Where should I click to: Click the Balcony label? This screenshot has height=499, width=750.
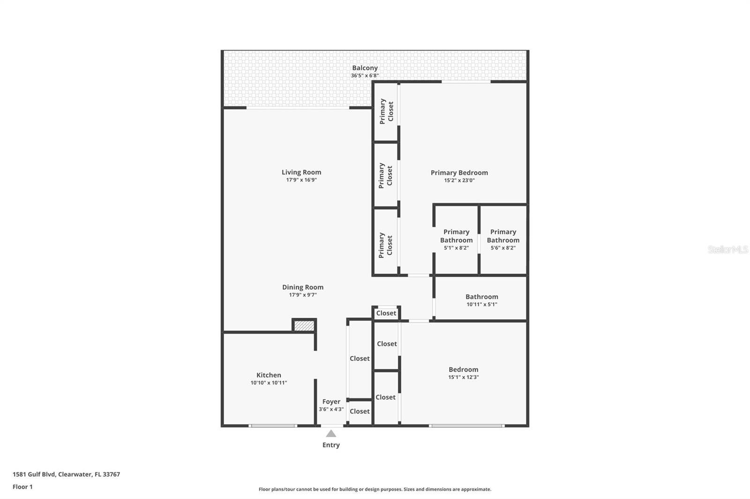click(x=365, y=68)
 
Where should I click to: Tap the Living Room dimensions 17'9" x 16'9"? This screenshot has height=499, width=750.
click(x=301, y=180)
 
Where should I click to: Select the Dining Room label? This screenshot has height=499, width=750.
click(x=302, y=287)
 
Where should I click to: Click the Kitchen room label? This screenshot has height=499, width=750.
click(x=269, y=375)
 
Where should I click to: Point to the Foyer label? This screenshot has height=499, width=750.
click(x=331, y=402)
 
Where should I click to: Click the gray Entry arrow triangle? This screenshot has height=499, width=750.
click(x=331, y=433)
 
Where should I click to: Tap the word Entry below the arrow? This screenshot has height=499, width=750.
click(x=331, y=445)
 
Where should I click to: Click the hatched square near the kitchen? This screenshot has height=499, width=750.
click(x=304, y=326)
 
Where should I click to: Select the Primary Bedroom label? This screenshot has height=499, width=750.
click(x=459, y=173)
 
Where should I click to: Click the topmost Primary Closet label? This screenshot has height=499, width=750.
click(x=386, y=111)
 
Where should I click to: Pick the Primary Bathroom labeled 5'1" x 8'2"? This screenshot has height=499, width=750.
click(x=456, y=239)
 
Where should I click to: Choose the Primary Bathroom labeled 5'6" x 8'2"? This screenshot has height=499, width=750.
click(x=503, y=239)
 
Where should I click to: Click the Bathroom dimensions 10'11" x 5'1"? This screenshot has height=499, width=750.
click(x=481, y=304)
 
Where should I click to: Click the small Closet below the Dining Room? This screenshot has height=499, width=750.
click(x=386, y=313)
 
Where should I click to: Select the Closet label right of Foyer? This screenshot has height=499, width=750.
click(x=360, y=411)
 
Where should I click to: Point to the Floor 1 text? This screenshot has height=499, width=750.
click(x=22, y=487)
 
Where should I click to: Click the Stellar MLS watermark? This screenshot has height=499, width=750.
click(x=727, y=249)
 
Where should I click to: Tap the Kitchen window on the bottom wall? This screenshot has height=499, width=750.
click(x=272, y=426)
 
